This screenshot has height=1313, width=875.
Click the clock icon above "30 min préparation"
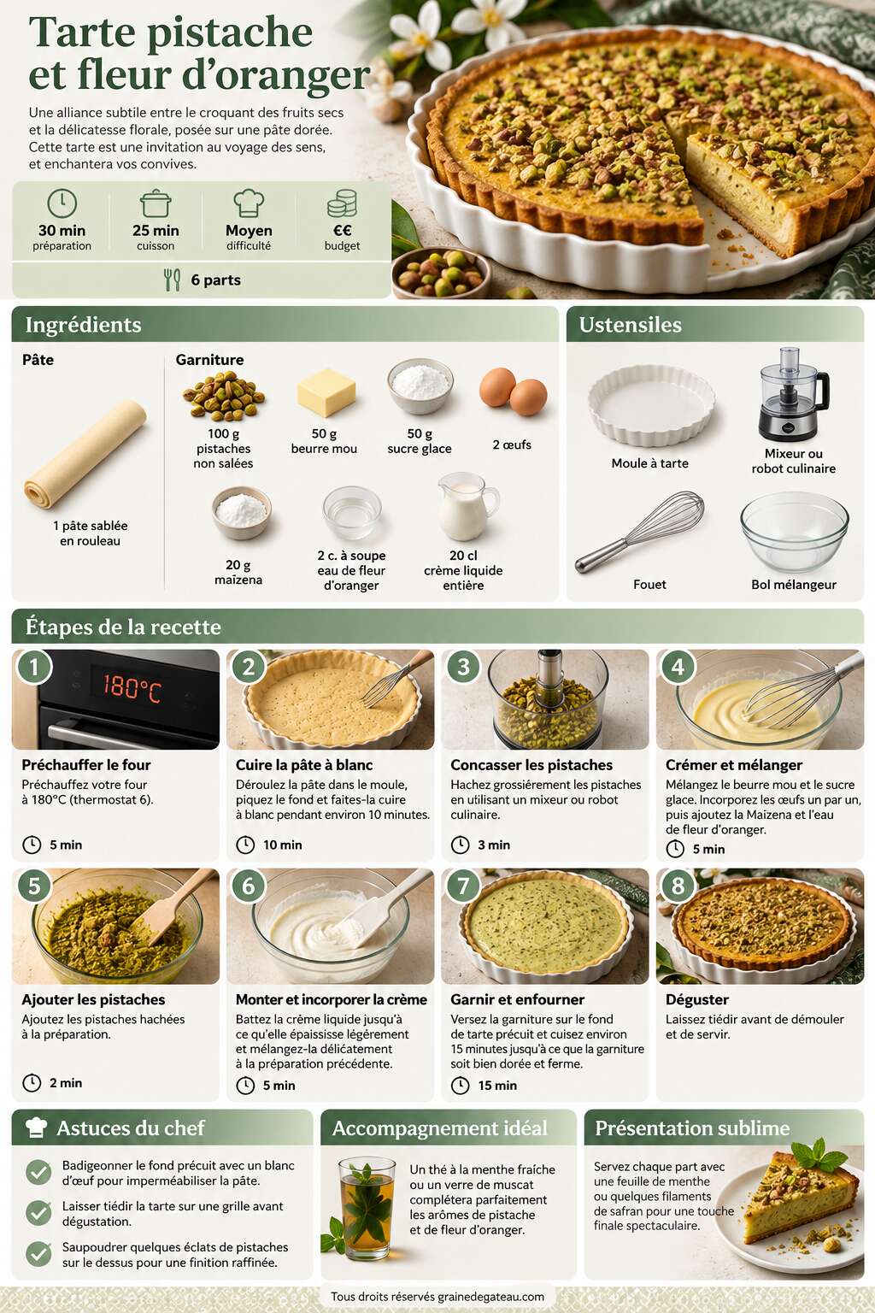coord(62,203)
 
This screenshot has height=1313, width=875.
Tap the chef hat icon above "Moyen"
coord(249,203)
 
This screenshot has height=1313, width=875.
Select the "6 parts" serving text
coord(215,280)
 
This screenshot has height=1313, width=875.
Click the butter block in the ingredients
coord(326,392)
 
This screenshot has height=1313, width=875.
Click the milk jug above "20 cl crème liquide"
coord(467,507)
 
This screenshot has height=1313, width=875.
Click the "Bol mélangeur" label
coord(794,585)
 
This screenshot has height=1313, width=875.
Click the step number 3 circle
coord(464,667)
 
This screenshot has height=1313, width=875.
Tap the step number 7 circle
coord(464,886)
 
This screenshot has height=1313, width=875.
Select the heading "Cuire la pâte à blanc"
coord(304,765)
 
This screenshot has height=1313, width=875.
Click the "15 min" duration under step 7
coord(497,1086)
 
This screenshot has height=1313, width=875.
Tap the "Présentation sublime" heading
coord(692,1128)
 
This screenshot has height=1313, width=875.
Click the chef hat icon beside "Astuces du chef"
coord(37,1128)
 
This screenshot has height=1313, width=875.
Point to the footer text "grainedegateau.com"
coord(491,1297)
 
